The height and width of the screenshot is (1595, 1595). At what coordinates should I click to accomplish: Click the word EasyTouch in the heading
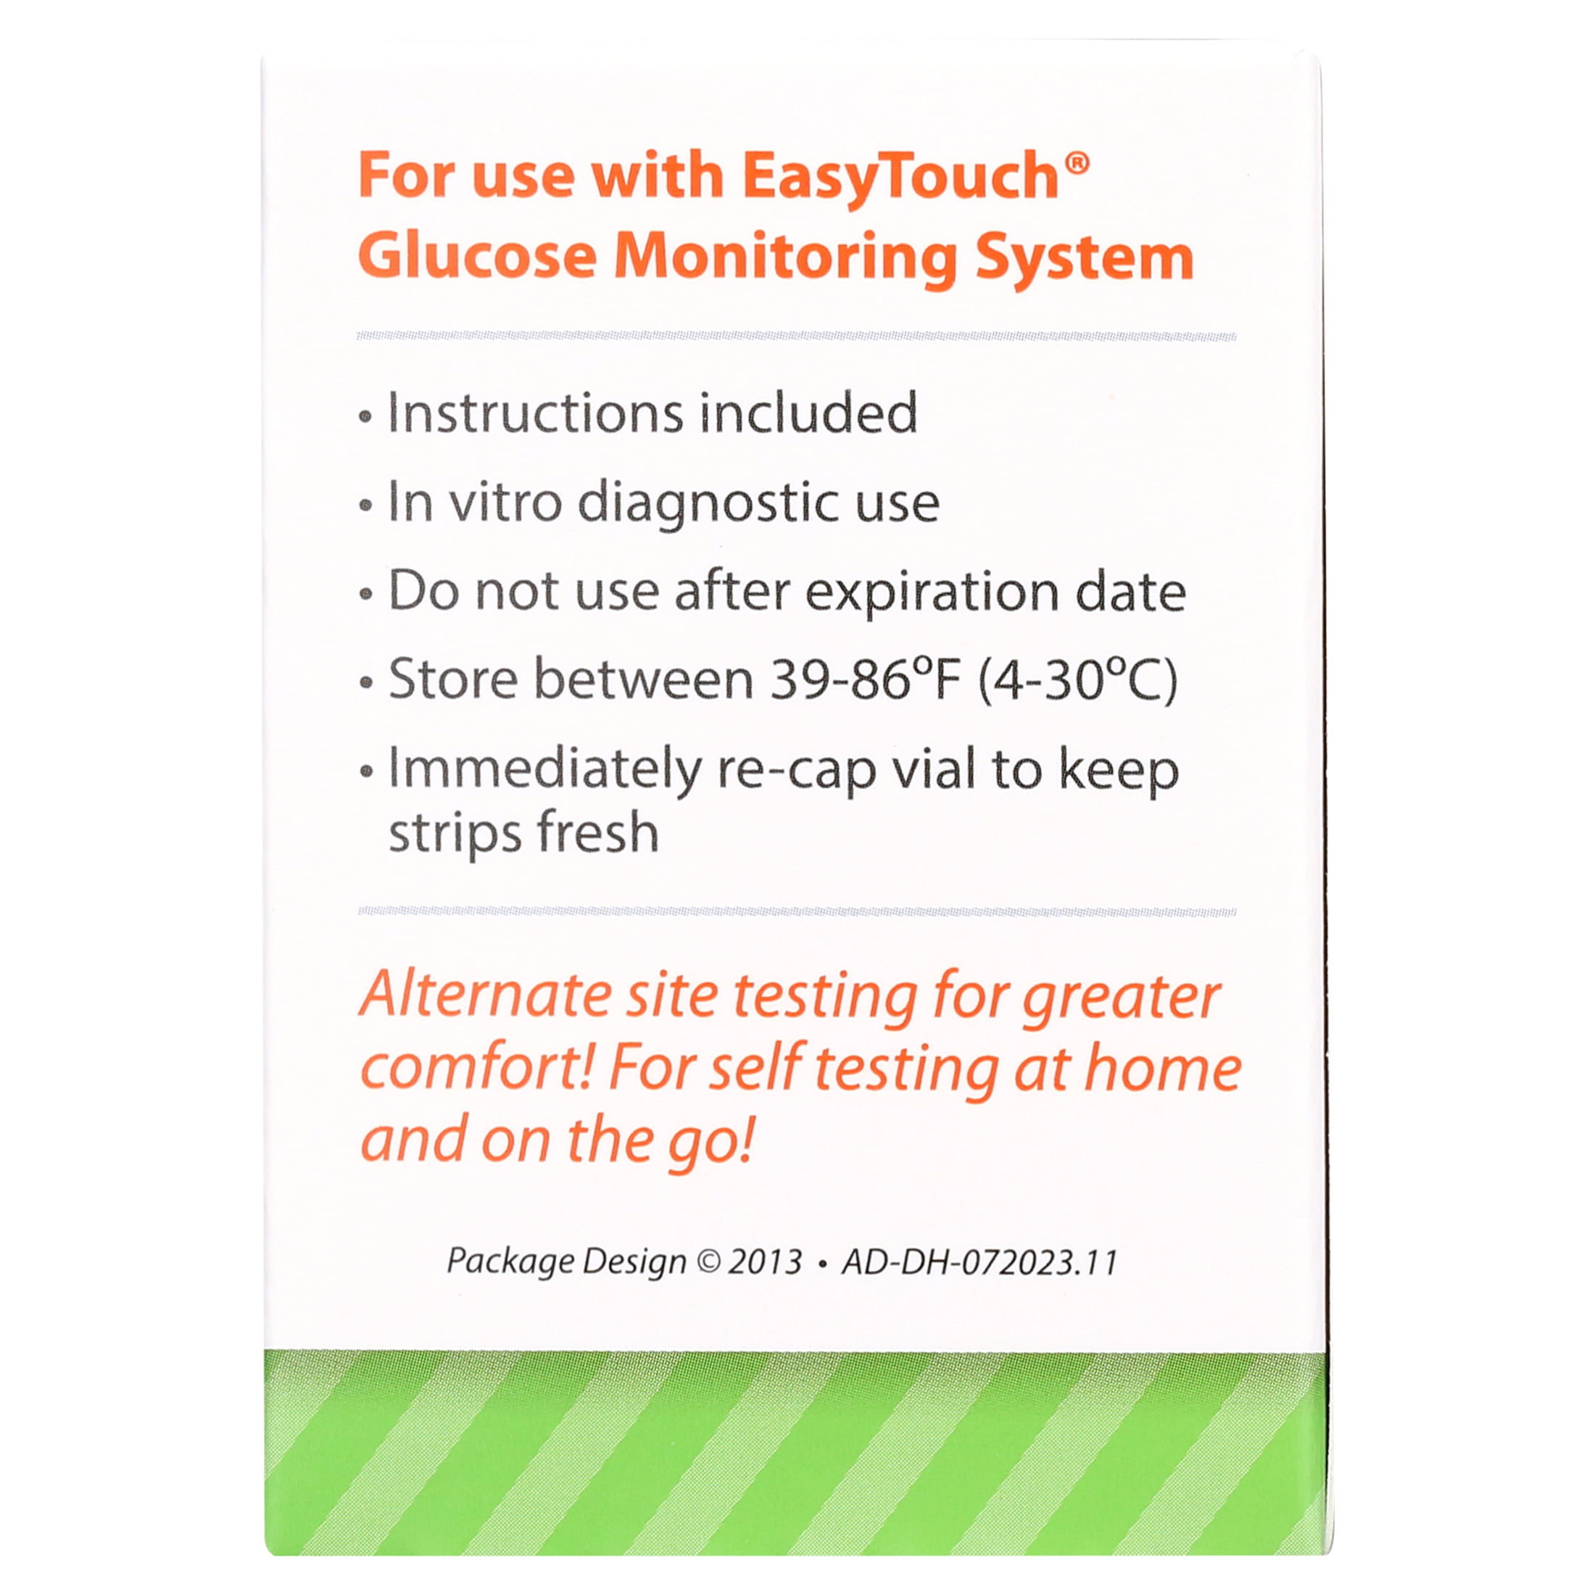click(900, 178)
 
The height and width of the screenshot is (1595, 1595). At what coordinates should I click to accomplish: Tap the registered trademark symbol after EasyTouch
click(1077, 162)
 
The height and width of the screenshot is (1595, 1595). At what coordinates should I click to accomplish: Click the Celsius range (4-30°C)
click(1077, 681)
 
